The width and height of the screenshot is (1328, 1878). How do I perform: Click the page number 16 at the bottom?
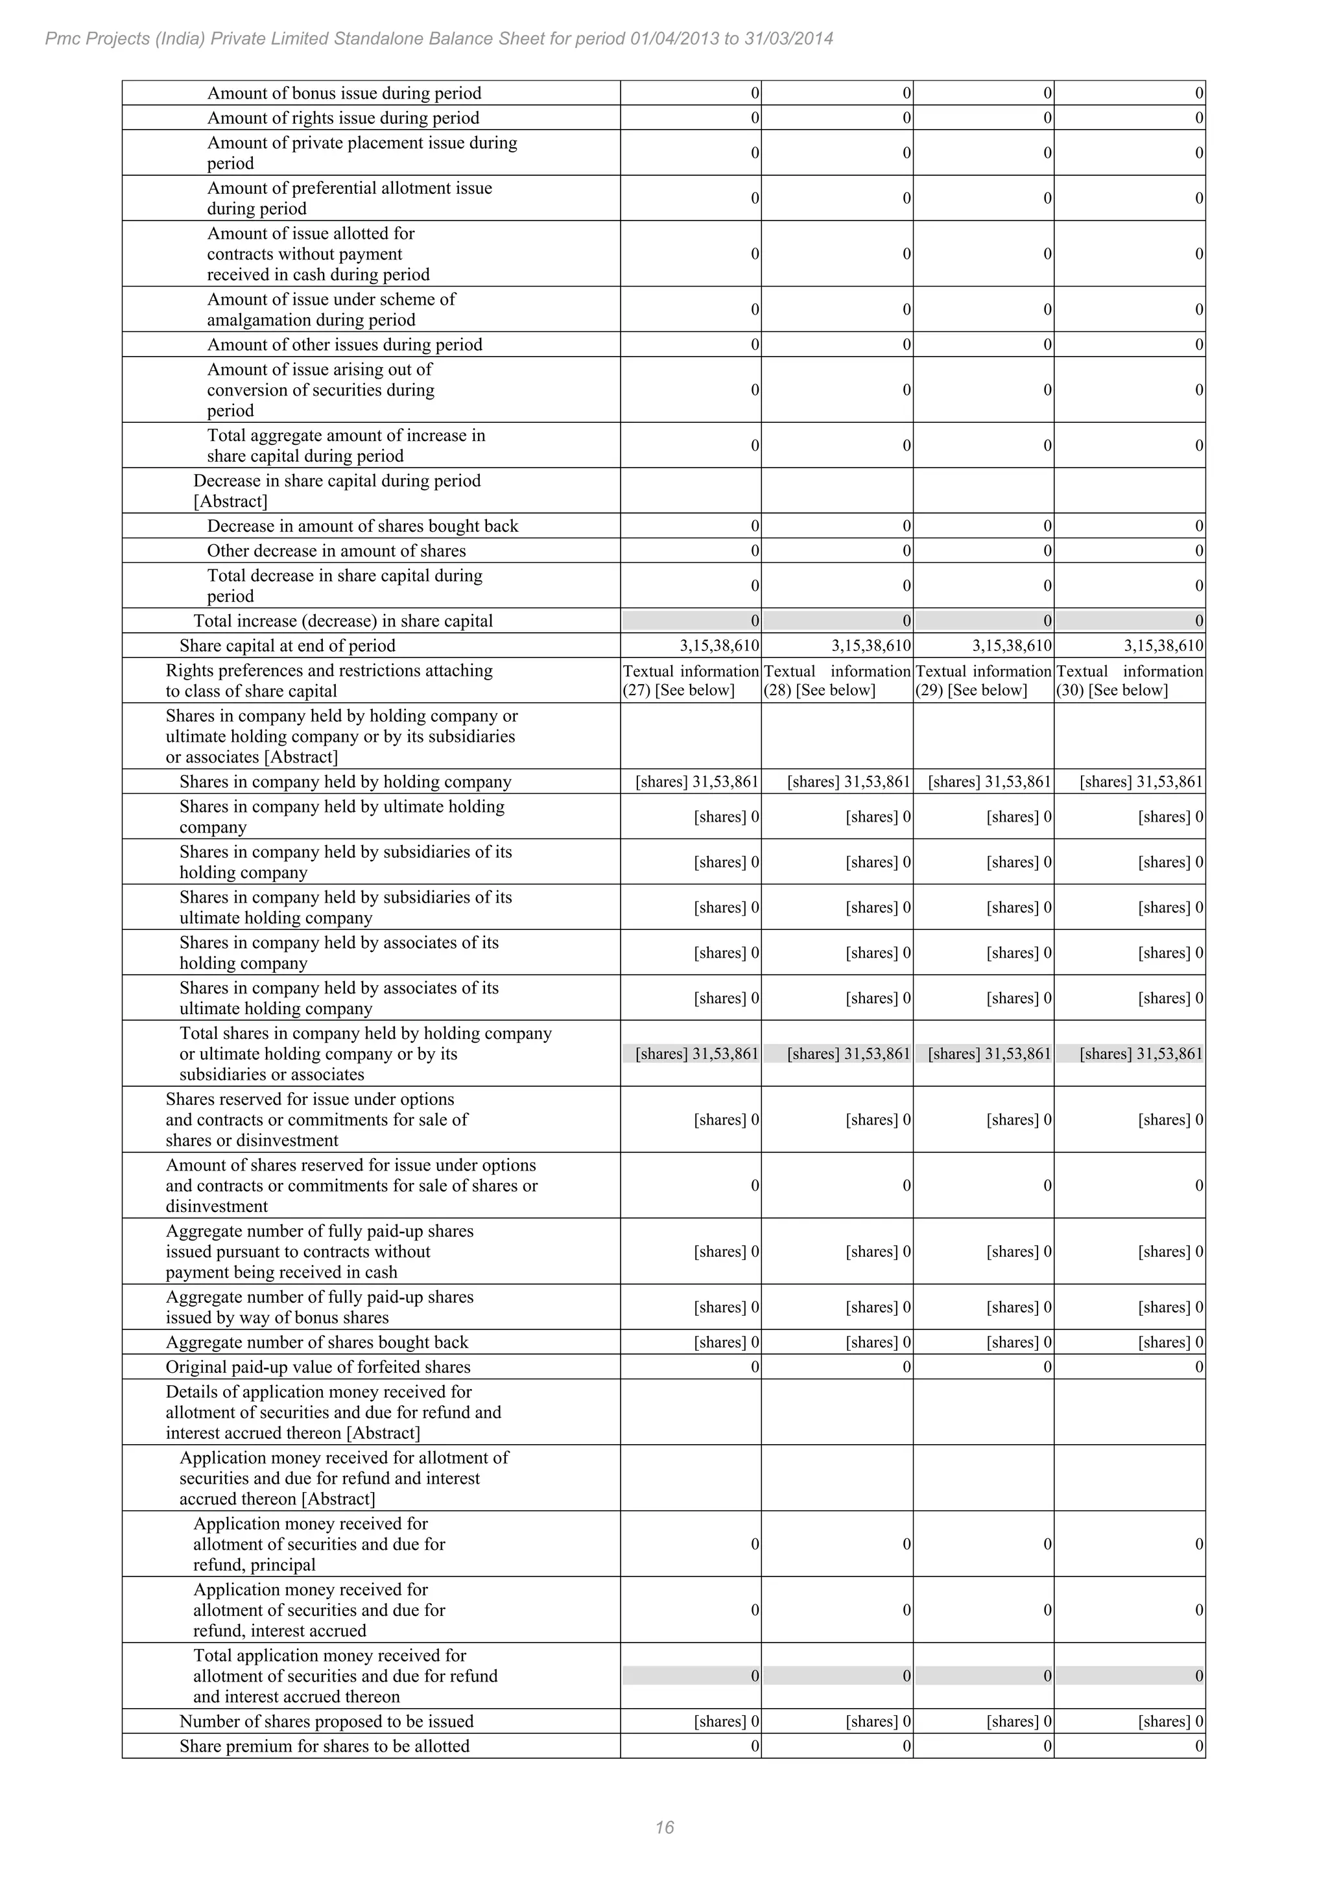click(x=664, y=1827)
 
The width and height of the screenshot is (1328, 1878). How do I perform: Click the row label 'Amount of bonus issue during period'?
click(x=344, y=93)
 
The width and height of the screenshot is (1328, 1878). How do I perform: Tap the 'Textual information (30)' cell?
click(x=1130, y=680)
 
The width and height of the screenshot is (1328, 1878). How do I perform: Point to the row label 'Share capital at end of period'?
click(x=287, y=645)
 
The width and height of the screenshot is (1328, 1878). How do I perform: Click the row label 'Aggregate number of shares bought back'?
click(x=316, y=1342)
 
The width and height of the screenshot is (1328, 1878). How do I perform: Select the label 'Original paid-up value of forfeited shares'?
click(x=318, y=1367)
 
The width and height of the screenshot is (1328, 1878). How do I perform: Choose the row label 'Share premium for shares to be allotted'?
click(x=325, y=1746)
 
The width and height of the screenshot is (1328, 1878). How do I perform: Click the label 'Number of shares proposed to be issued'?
click(x=326, y=1722)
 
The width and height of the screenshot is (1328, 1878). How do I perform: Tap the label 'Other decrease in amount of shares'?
click(x=336, y=551)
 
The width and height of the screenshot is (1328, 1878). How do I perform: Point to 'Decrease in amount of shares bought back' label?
click(x=362, y=526)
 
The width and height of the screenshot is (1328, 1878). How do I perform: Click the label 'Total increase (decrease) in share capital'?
click(x=342, y=621)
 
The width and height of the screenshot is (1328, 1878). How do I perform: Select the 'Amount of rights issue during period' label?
click(x=342, y=118)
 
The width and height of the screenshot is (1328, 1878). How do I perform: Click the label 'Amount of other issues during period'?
click(x=344, y=344)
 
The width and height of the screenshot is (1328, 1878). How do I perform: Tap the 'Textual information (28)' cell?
click(x=836, y=680)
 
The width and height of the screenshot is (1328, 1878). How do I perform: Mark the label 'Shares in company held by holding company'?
click(x=345, y=782)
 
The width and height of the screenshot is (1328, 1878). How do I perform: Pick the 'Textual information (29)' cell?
click(x=983, y=680)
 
